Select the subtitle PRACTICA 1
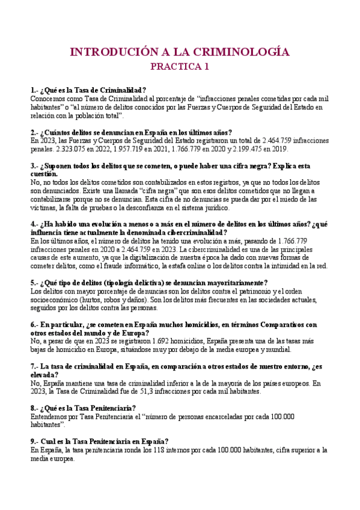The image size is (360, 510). click(x=180, y=67)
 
